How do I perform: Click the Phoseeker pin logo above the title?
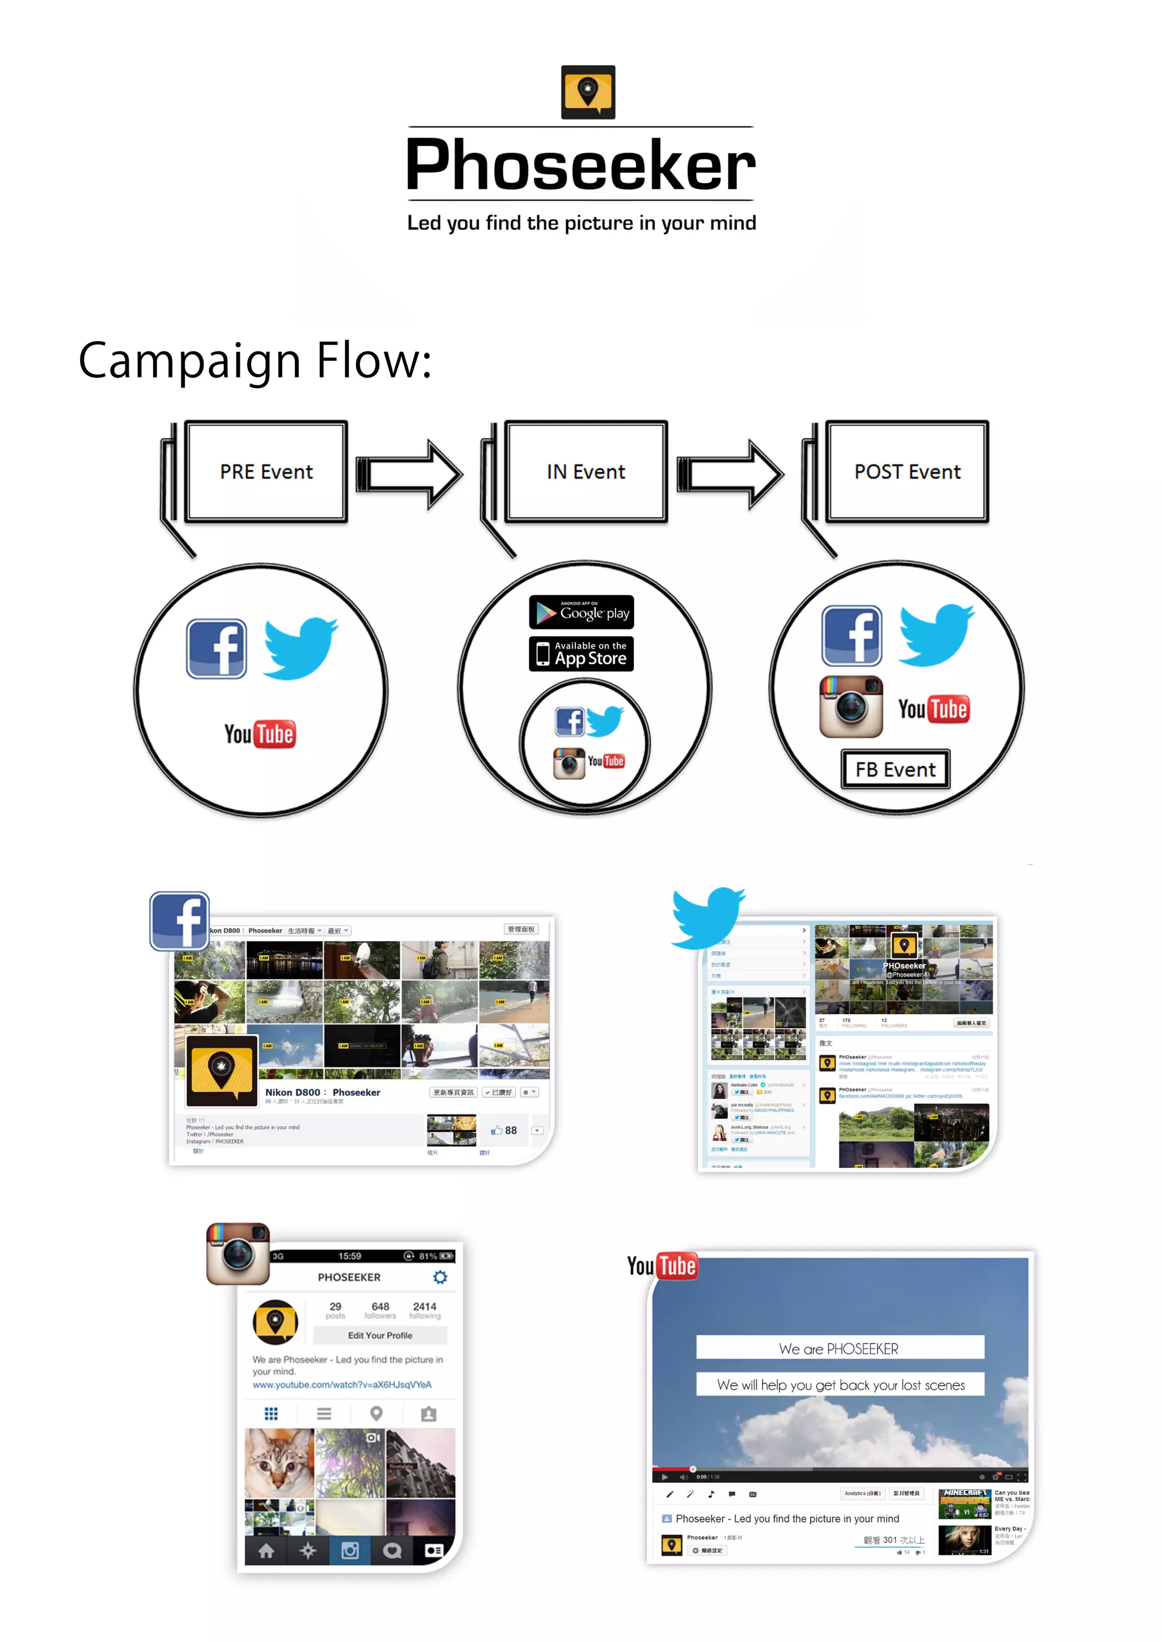pyautogui.click(x=587, y=92)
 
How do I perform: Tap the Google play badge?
pyautogui.click(x=581, y=612)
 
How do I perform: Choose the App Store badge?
pyautogui.click(x=581, y=654)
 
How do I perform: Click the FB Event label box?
pyautogui.click(x=895, y=770)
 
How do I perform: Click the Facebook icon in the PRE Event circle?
pyautogui.click(x=217, y=648)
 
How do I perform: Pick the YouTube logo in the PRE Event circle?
pyautogui.click(x=259, y=735)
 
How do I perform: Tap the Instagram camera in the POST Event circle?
pyautogui.click(x=850, y=707)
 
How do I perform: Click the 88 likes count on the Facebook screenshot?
pyautogui.click(x=505, y=1131)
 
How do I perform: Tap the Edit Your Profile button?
pyautogui.click(x=380, y=1335)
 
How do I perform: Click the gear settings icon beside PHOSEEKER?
pyautogui.click(x=440, y=1278)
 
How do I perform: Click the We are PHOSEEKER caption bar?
pyautogui.click(x=839, y=1348)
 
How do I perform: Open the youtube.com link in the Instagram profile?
pyautogui.click(x=342, y=1385)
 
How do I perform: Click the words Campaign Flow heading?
pyautogui.click(x=255, y=361)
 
